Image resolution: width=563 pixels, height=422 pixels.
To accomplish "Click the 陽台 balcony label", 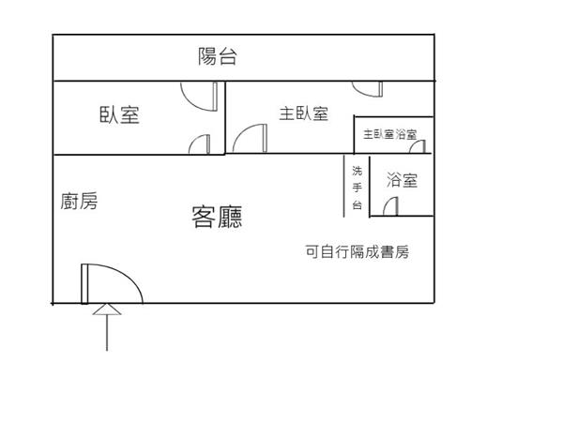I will [x=217, y=56].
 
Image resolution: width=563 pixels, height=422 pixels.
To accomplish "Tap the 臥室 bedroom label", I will [x=119, y=115].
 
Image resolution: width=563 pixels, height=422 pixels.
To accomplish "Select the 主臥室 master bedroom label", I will [x=303, y=113].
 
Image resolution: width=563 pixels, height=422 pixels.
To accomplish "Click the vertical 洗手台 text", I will [x=357, y=186].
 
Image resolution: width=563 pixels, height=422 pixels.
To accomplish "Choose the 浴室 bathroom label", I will [x=401, y=180].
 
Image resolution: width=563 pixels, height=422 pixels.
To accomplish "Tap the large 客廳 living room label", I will [x=217, y=218].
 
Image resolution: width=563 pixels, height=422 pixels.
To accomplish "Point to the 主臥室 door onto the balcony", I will [x=368, y=89].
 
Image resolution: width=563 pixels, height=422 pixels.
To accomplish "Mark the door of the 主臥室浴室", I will [x=418, y=145].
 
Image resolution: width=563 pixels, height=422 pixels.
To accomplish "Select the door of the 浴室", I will [x=395, y=206].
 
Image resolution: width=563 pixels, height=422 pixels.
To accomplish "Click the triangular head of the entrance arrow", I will [x=108, y=310].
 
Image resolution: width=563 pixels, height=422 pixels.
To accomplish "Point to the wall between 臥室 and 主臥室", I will [x=225, y=117].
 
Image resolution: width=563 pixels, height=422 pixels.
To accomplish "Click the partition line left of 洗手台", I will [x=344, y=186].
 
